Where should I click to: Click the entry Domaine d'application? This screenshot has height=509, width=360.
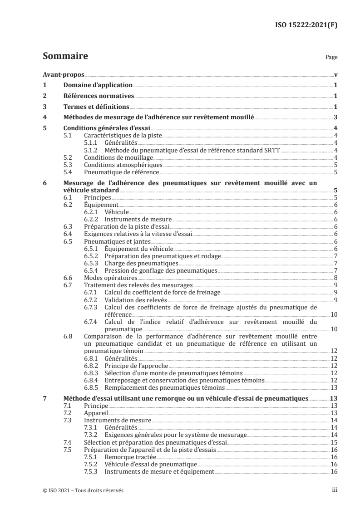[91, 85]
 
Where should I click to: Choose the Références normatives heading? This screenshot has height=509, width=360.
[98, 96]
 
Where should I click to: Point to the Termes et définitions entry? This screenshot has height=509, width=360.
[96, 107]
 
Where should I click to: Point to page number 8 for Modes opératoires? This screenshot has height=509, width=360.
[335, 278]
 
